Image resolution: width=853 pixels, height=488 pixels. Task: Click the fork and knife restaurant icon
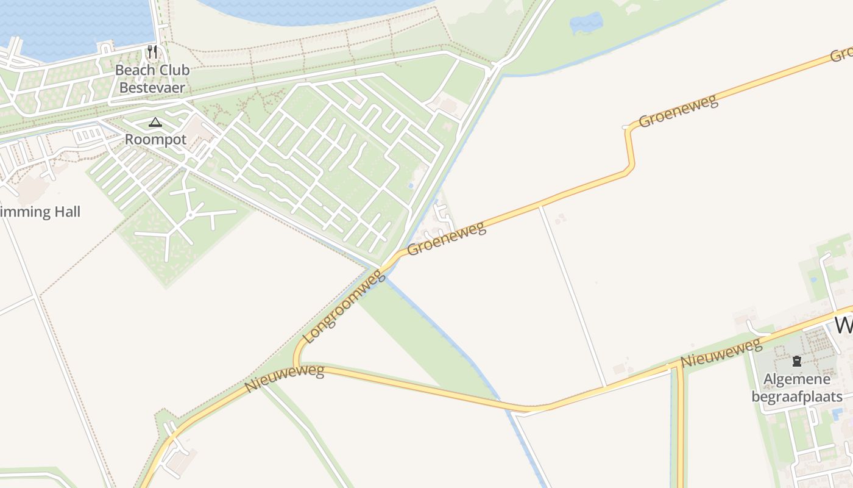152,52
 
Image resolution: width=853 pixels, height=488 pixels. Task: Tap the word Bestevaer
152,87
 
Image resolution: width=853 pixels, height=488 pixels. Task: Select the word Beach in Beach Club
132,70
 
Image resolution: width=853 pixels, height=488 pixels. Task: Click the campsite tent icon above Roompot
155,122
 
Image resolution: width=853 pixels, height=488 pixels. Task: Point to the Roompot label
155,139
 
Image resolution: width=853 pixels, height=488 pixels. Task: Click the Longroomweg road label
344,308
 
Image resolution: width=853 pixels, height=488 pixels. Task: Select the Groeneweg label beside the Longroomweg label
447,239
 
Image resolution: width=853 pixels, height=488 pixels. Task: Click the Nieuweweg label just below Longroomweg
284,379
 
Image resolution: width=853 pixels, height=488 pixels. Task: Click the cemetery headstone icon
796,361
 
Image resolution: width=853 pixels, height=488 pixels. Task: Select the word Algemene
796,379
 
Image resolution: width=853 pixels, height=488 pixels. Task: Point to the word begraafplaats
796,397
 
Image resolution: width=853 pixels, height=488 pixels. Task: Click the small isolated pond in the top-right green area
586,23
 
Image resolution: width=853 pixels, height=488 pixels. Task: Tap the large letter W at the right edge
844,325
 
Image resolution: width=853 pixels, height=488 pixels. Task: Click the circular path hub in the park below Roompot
191,215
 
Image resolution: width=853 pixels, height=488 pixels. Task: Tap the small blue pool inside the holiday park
411,185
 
